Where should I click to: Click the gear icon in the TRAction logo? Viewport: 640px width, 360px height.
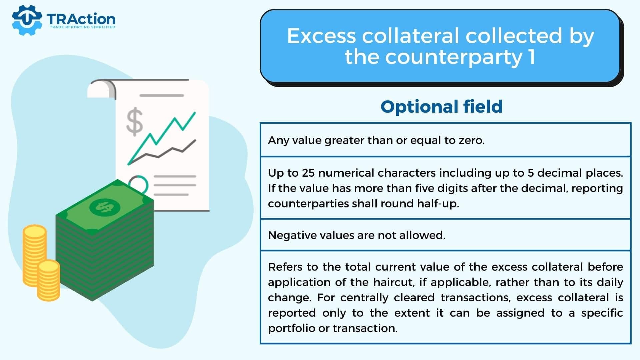tap(27, 20)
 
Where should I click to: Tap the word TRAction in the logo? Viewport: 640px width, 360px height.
tap(81, 19)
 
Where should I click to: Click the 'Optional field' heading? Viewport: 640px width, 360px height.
tap(442, 107)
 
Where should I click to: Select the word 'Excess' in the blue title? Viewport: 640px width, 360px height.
tap(321, 36)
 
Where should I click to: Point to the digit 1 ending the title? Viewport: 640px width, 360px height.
tap(532, 57)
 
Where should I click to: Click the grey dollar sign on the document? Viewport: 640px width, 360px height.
tap(135, 122)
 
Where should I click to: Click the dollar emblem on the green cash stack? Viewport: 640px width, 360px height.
tap(105, 207)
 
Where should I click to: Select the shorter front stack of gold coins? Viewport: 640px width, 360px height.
tap(48, 280)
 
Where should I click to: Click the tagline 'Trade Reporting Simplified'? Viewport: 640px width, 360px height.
tap(82, 27)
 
